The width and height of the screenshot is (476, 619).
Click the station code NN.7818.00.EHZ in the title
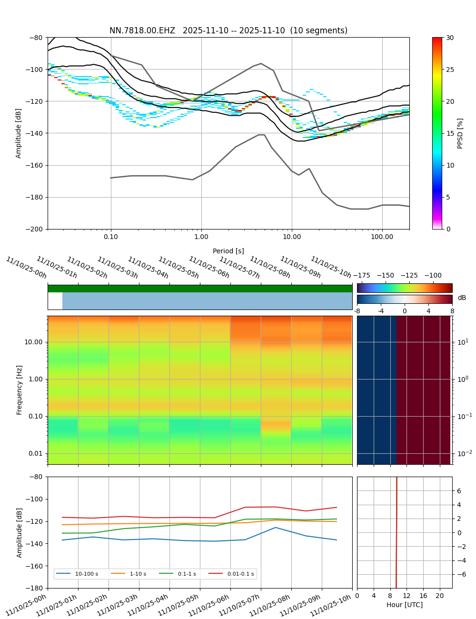coord(142,30)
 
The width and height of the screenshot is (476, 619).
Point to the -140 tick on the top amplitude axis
coord(36,133)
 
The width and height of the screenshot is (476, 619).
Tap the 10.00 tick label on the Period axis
coord(292,236)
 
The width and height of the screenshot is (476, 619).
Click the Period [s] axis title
coord(228,251)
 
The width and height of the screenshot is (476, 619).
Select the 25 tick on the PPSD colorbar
coord(450,70)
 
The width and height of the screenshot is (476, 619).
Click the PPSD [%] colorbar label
coord(460,133)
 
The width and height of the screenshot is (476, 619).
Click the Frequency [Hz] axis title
coord(20,390)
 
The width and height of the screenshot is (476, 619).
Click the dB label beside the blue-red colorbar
coord(462,298)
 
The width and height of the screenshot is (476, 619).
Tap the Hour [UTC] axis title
coord(405,605)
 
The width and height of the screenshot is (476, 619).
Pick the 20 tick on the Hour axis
coord(440,596)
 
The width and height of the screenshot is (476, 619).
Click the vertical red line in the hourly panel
coord(397,532)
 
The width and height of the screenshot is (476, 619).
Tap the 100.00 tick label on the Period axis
coord(382,236)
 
